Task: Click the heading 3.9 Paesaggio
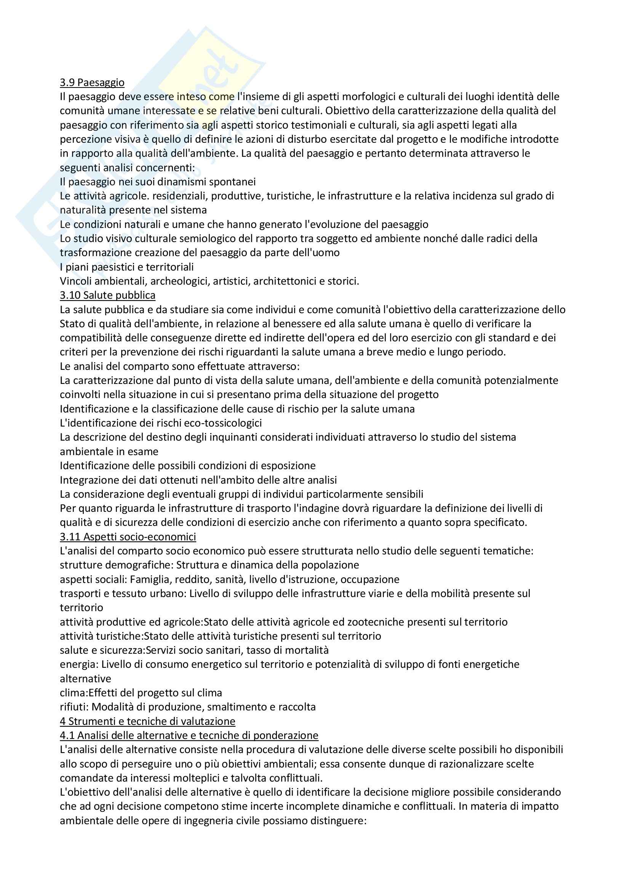click(x=92, y=83)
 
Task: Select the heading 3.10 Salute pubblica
click(x=107, y=295)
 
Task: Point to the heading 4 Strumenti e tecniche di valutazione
click(x=147, y=721)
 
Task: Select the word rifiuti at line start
click(x=74, y=707)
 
